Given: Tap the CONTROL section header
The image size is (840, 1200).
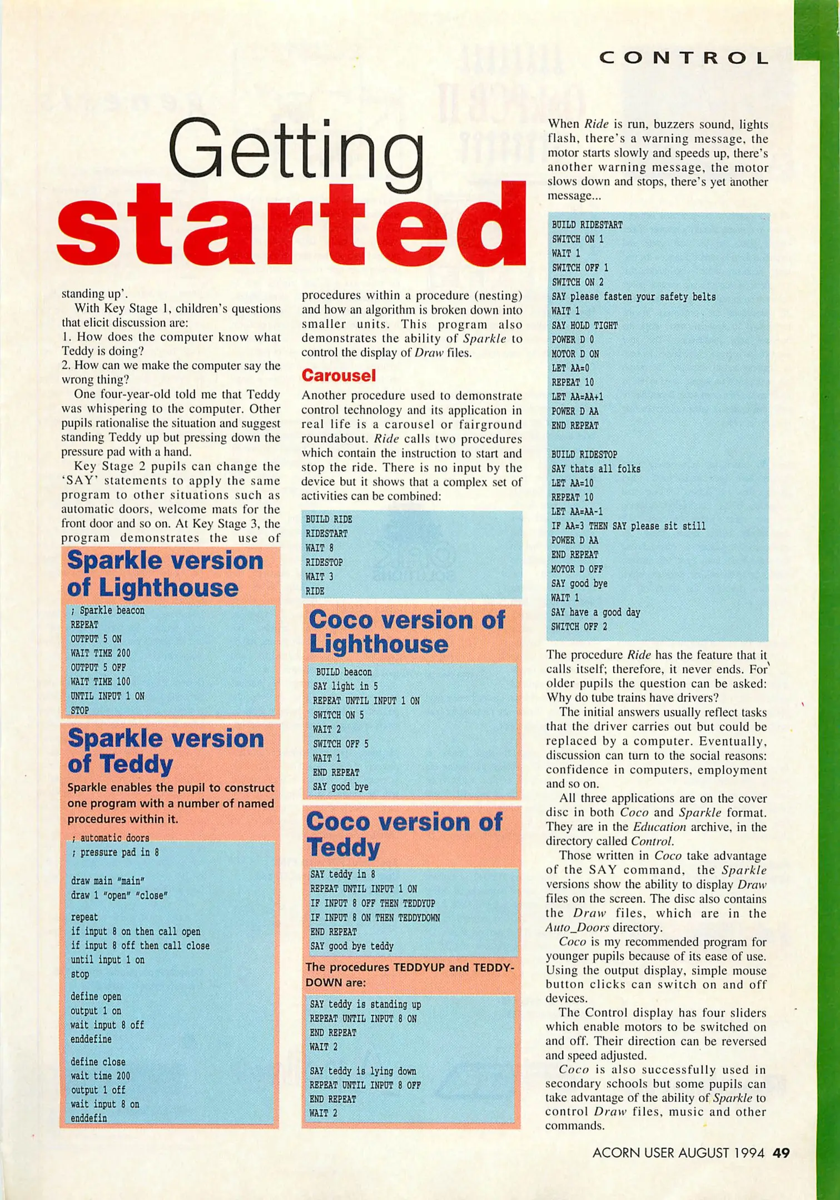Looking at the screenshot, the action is click(x=684, y=58).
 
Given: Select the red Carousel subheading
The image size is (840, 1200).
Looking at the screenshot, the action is click(x=339, y=376).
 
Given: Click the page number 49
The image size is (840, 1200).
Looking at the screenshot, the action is click(x=781, y=1153).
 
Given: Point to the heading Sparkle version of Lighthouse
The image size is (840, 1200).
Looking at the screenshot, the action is click(x=165, y=574).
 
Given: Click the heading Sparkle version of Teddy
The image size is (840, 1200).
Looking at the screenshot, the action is click(x=165, y=751).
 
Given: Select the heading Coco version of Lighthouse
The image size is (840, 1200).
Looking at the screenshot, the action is click(x=407, y=632).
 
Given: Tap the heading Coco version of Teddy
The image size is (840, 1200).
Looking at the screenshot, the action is click(x=404, y=834).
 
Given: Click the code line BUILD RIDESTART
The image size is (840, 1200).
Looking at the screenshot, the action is click(x=586, y=225).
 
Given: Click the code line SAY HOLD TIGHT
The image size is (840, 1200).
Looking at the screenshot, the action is click(x=584, y=326).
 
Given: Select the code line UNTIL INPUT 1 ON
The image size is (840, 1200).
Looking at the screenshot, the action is click(x=107, y=696).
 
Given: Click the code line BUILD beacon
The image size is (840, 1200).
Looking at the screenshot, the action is click(x=344, y=672).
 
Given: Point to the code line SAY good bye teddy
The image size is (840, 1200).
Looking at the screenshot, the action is click(x=351, y=946).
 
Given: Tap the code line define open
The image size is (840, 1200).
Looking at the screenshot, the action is click(x=96, y=997).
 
